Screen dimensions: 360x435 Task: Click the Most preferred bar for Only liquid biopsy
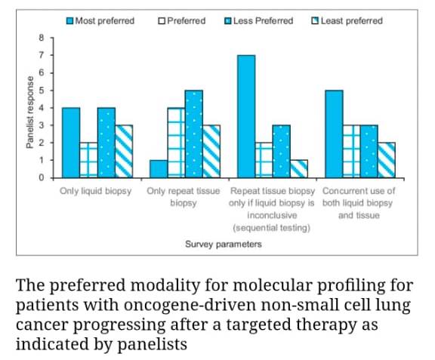click(x=71, y=143)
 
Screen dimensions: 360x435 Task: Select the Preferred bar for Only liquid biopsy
click(x=88, y=160)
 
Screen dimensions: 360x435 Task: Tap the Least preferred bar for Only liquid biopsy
click(x=124, y=152)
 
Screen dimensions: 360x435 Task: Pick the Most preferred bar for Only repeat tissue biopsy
click(x=159, y=169)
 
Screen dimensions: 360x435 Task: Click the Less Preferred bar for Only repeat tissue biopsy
click(x=194, y=134)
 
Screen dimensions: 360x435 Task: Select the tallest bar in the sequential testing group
click(x=246, y=116)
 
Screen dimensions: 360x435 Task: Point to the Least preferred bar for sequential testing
click(x=299, y=169)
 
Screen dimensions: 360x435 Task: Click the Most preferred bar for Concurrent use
click(x=334, y=134)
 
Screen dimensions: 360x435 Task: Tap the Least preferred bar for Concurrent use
click(x=386, y=160)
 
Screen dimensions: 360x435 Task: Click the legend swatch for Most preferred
click(x=69, y=20)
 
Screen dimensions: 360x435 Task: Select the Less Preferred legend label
click(x=264, y=20)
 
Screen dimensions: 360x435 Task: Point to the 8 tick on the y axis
click(x=43, y=38)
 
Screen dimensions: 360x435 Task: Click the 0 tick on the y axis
click(x=43, y=178)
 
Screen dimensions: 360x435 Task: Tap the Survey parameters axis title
click(x=224, y=244)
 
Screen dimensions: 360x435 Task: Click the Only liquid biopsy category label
click(x=96, y=192)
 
